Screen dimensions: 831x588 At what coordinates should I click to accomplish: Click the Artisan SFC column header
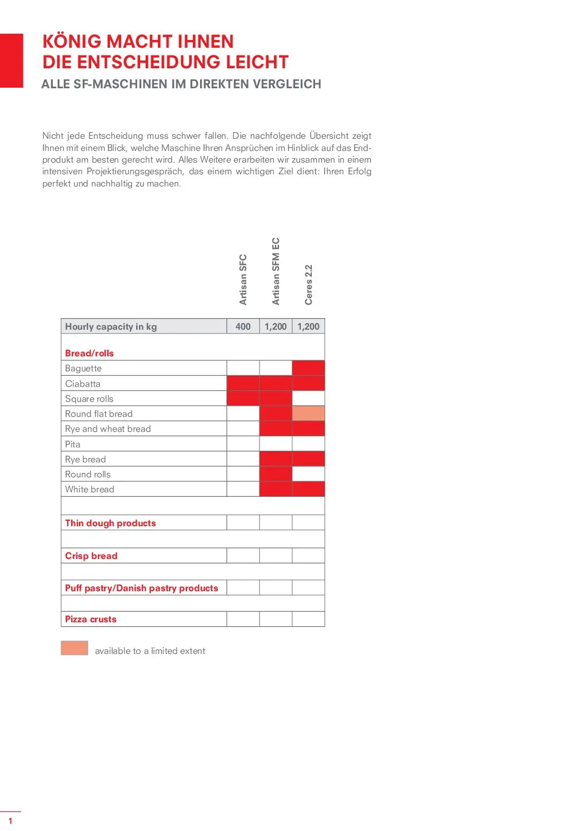point(243,279)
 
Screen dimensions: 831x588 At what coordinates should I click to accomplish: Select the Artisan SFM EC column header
point(276,271)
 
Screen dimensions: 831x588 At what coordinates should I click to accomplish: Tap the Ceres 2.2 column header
point(308,284)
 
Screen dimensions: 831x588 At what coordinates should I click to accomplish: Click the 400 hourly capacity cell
point(243,326)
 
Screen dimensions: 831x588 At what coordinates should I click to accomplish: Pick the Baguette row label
point(83,368)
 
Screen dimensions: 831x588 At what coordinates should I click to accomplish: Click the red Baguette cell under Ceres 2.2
point(308,368)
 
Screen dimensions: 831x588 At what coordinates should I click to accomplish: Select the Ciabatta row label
point(83,384)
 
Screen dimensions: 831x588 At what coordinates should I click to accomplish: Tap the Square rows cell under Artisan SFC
point(243,399)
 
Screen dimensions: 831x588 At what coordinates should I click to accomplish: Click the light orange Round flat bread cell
point(308,414)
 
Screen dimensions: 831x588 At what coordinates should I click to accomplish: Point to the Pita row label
point(73,444)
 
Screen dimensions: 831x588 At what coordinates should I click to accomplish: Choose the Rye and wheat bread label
point(108,429)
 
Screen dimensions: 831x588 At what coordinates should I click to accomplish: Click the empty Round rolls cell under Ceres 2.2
point(308,474)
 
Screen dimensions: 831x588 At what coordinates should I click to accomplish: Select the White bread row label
point(89,489)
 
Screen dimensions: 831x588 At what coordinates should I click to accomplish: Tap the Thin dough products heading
point(111,523)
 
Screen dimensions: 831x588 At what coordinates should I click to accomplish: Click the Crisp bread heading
point(91,556)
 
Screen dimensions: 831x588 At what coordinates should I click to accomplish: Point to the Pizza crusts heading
point(91,619)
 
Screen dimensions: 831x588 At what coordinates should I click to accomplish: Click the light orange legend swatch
point(74,648)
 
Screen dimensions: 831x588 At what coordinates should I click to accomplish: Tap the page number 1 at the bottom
point(10,820)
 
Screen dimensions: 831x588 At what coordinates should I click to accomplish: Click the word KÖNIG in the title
point(72,42)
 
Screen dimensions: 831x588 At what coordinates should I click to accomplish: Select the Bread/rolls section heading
point(89,353)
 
